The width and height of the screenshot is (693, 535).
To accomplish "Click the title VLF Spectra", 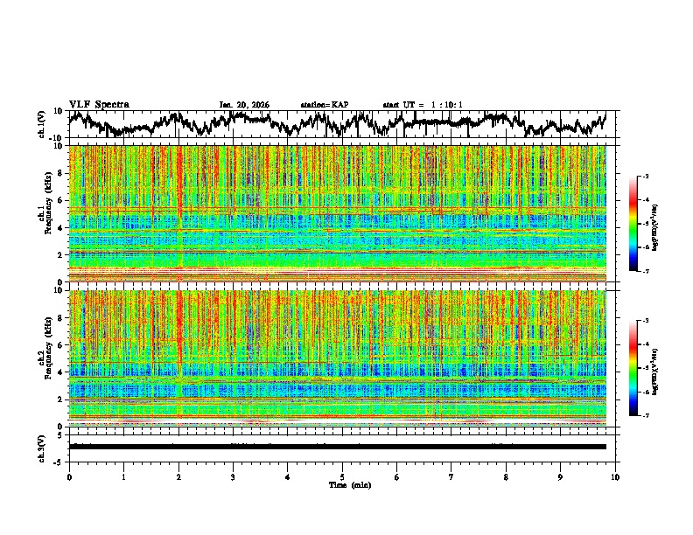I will [x=99, y=104].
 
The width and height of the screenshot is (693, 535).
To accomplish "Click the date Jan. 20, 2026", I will [x=244, y=105].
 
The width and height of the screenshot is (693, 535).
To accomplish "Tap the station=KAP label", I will [x=324, y=105].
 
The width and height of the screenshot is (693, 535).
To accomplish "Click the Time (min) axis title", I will [x=349, y=484].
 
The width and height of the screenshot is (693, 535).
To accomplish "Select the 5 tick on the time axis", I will [x=342, y=476].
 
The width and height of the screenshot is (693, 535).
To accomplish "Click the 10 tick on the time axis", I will [x=615, y=476].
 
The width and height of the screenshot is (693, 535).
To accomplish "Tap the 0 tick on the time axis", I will [x=69, y=476].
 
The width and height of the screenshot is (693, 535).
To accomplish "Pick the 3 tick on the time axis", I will [x=233, y=476].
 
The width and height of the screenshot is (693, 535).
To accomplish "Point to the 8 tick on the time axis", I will [x=506, y=476].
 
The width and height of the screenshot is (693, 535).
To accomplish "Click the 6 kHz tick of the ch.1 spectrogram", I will [x=61, y=200].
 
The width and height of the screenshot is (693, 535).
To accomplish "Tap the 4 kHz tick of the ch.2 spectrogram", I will [x=61, y=372].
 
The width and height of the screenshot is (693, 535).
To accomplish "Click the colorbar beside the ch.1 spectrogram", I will [x=643, y=224].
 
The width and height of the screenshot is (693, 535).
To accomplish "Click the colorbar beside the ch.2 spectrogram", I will [x=643, y=368].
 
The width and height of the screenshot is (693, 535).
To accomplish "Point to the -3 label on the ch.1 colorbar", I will [x=653, y=177].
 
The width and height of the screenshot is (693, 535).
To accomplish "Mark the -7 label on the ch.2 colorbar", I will [x=653, y=416].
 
